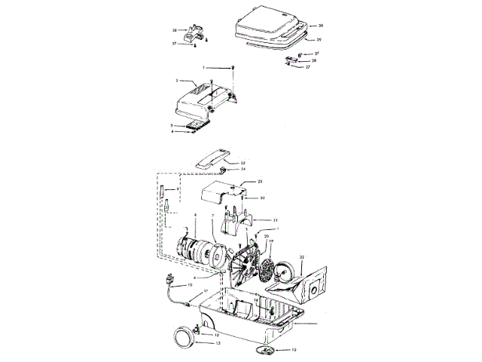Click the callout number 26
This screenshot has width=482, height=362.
coord(174,30)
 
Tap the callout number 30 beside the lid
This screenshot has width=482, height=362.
coord(319,25)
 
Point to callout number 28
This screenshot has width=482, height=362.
coord(315,60)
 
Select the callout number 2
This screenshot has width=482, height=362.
coord(176,81)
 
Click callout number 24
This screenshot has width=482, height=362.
coord(243,169)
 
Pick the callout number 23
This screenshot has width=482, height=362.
coord(259,183)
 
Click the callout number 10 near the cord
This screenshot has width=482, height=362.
coord(190,285)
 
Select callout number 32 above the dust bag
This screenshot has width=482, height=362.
coord(301,257)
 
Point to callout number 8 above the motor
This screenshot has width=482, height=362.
coord(195,216)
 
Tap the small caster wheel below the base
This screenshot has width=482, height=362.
coord(268,351)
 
